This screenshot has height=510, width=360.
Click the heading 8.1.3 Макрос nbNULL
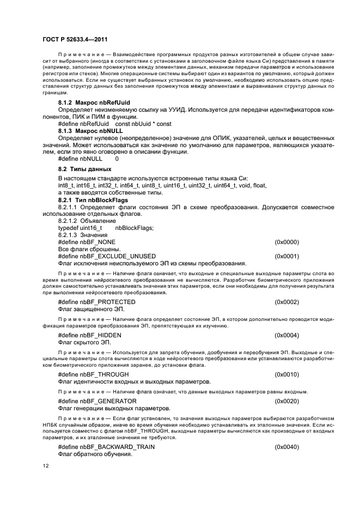point(90,131)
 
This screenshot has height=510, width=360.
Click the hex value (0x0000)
point(286,241)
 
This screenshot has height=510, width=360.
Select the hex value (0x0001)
point(286,256)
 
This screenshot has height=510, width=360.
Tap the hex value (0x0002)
point(286,302)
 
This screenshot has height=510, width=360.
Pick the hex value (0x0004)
point(286,335)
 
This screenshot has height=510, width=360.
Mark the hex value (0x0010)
point(286,375)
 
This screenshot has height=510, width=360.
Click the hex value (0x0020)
point(286,401)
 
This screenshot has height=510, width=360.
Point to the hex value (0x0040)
point(286,447)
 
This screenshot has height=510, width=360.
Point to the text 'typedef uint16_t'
point(80,228)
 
